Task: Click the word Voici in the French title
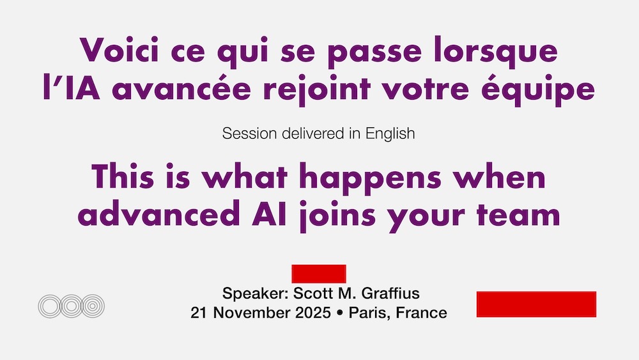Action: click(119, 50)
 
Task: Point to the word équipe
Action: click(537, 90)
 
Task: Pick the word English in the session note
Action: click(390, 134)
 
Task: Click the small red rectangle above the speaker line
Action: click(319, 274)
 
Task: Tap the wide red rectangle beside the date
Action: click(536, 304)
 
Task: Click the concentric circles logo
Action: click(72, 306)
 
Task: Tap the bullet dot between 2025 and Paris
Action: click(340, 313)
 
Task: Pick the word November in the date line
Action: click(252, 313)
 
